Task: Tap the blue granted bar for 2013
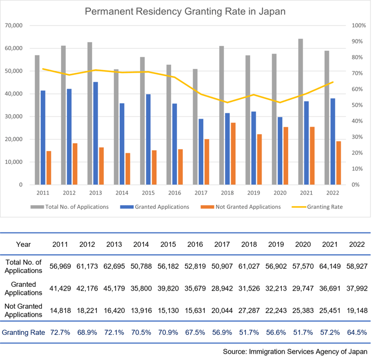pyautogui.click(x=95, y=133)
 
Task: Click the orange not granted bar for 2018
pyautogui.click(x=233, y=153)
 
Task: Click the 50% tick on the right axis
pyautogui.click(x=359, y=105)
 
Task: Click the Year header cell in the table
pyautogui.click(x=24, y=244)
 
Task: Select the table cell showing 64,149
pyautogui.click(x=332, y=266)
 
